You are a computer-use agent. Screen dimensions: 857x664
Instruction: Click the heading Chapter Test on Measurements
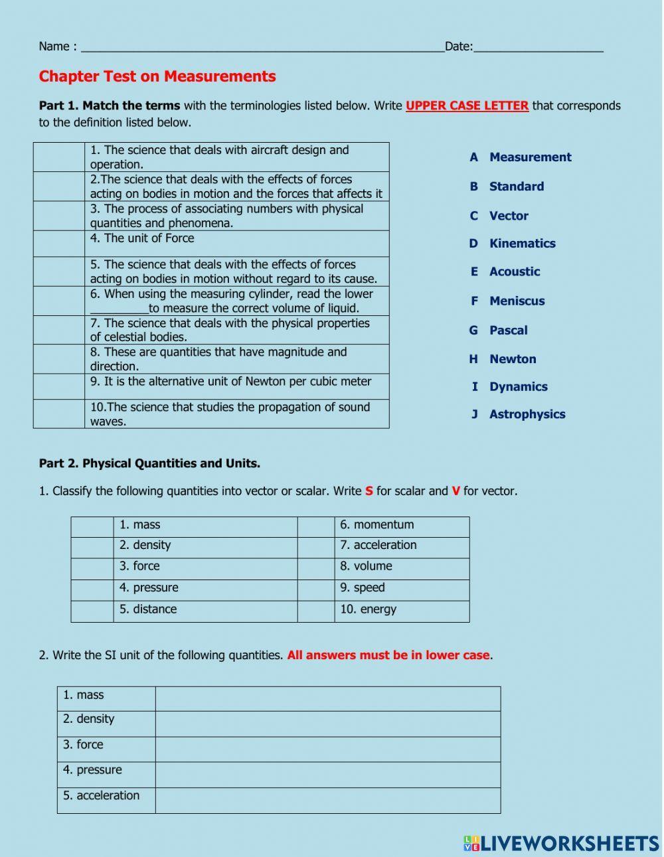tap(157, 76)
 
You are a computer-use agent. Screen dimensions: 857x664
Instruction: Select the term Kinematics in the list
tap(522, 244)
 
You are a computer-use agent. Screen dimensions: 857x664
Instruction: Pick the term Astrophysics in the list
tap(527, 414)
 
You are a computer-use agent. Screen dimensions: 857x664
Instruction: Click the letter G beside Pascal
tap(473, 331)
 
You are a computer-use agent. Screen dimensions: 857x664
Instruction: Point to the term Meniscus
tap(517, 301)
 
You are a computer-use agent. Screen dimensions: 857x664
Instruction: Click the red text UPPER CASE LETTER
tap(467, 106)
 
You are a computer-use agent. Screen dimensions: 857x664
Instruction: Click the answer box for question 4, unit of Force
tap(59, 244)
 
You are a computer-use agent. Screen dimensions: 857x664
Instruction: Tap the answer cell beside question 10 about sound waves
tap(59, 414)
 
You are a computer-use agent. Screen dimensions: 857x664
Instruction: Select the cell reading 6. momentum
tap(402, 525)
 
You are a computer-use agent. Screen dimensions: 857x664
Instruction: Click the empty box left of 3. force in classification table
tap(92, 567)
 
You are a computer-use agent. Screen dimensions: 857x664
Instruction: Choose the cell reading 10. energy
tap(402, 610)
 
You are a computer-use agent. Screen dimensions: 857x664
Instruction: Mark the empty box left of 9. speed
tap(315, 589)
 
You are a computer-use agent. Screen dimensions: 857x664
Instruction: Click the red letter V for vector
tap(456, 491)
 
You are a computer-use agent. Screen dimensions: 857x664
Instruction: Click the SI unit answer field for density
tap(327, 724)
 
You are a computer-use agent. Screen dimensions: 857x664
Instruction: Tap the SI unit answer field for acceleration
tap(327, 801)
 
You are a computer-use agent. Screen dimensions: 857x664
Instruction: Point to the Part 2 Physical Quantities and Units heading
tap(149, 463)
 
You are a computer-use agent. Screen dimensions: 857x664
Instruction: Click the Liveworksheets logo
tap(561, 843)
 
